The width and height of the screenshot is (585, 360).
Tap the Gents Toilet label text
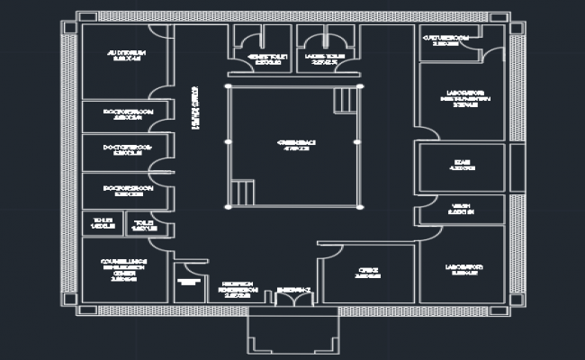coord(265,59)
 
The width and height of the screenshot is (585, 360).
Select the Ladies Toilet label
coord(326,59)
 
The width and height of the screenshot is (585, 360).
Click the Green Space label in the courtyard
coord(294,145)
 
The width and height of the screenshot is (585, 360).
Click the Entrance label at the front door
coord(294,289)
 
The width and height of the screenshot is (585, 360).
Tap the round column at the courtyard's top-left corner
coord(228,86)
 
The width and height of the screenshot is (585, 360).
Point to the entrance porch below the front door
coord(293,332)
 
